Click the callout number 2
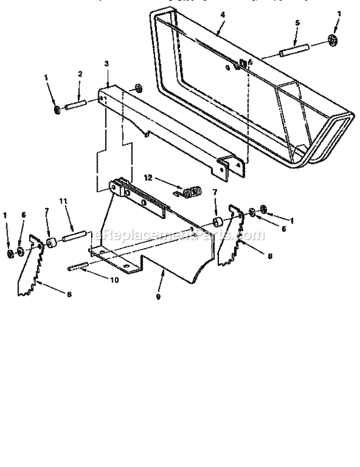pyautogui.click(x=80, y=74)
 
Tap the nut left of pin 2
pyautogui.click(x=56, y=110)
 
